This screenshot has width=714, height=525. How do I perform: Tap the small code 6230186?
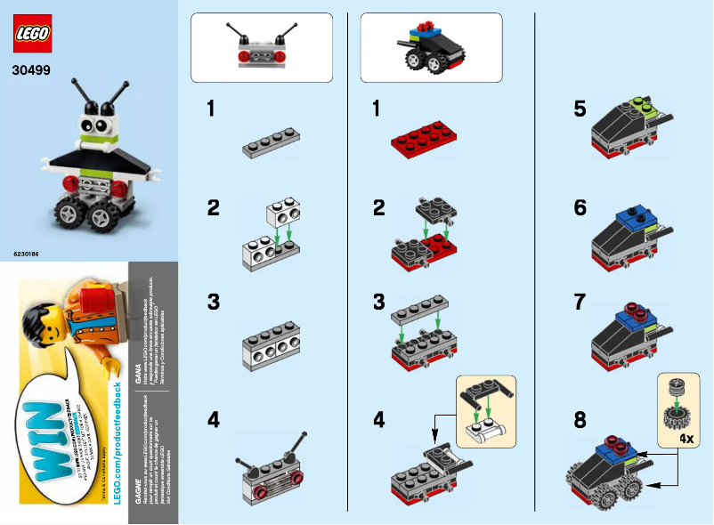coord(27,254)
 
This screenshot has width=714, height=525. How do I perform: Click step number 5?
coord(580,109)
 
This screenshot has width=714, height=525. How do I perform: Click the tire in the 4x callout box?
coord(677,416)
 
